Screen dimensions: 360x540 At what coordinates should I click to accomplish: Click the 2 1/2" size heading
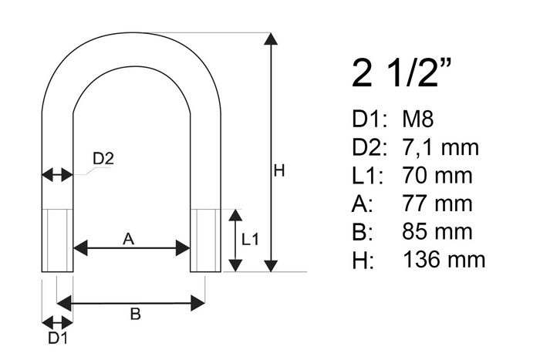[401, 75]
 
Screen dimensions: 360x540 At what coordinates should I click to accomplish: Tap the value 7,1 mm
[441, 147]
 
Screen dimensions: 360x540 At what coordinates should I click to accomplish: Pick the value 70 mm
[437, 176]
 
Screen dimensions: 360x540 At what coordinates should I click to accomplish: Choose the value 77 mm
[437, 204]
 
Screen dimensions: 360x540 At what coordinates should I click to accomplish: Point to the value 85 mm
[437, 231]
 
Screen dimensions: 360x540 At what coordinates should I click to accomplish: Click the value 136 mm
[444, 259]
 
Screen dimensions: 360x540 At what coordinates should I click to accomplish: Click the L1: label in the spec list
[366, 176]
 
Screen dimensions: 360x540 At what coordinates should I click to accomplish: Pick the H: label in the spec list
[362, 260]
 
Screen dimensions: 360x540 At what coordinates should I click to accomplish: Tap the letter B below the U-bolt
[134, 314]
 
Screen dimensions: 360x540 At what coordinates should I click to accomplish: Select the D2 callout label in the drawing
[103, 159]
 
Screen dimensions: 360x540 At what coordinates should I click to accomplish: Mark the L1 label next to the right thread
[251, 240]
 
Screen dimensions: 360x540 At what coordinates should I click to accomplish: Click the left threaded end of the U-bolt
[57, 240]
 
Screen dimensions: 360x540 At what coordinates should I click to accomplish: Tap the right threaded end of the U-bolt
[205, 240]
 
